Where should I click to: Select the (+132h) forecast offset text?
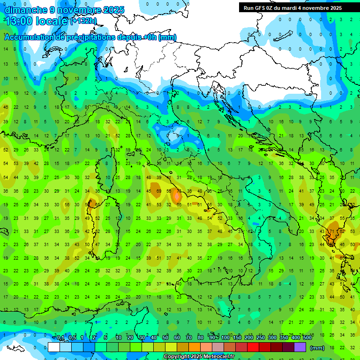point(83,21)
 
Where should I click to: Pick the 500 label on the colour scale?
point(307,338)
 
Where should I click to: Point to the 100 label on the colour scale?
point(225,338)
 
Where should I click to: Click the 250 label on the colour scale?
point(260,338)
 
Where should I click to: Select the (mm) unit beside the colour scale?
point(317,348)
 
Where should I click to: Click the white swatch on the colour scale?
point(54,347)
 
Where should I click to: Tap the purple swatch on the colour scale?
point(300,347)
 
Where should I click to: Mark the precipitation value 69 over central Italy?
point(159,191)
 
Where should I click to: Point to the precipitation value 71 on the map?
point(332,232)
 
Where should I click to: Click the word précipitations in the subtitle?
point(87,37)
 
